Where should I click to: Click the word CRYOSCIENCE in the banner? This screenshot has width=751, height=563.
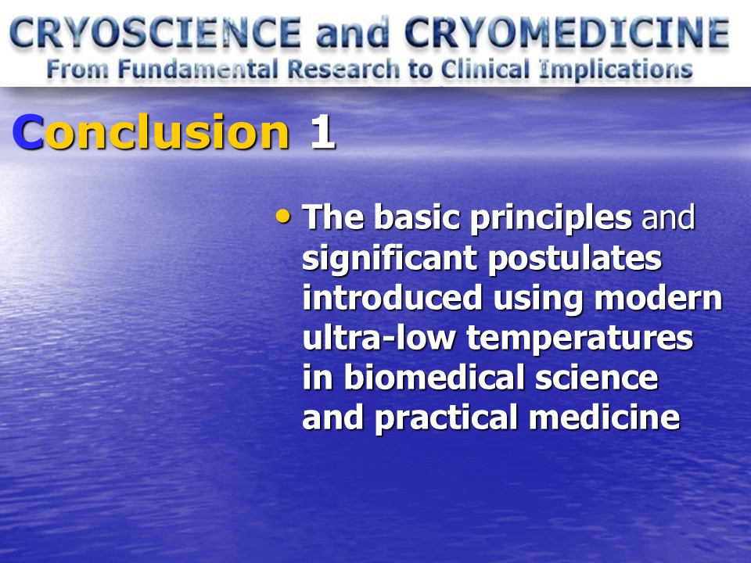pyautogui.click(x=156, y=33)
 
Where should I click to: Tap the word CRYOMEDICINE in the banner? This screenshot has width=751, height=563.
pyautogui.click(x=567, y=33)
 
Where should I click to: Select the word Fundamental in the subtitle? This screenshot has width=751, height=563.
pyautogui.click(x=198, y=70)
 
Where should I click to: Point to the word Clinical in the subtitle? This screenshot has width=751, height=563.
pyautogui.click(x=485, y=70)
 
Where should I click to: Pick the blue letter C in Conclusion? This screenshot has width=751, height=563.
pyautogui.click(x=28, y=131)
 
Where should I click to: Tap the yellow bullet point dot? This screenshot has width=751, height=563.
pyautogui.click(x=283, y=217)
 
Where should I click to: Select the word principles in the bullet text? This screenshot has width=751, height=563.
pyautogui.click(x=551, y=219)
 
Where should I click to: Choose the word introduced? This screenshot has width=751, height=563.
pyautogui.click(x=392, y=298)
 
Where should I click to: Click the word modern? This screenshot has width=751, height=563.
pyautogui.click(x=658, y=299)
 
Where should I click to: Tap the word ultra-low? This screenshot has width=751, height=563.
pyautogui.click(x=379, y=338)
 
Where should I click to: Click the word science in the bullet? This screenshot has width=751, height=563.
pyautogui.click(x=596, y=378)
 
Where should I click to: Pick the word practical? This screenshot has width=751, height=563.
pyautogui.click(x=447, y=418)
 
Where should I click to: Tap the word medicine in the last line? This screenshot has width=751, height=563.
pyautogui.click(x=605, y=418)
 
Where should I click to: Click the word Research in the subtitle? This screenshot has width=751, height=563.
pyautogui.click(x=343, y=70)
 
